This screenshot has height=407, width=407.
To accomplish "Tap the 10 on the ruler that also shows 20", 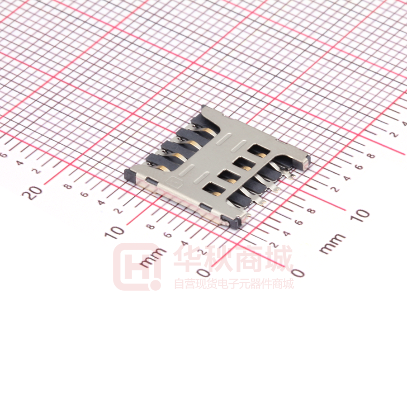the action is coord(114,232).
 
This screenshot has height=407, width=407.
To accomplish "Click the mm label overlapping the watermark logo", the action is coord(153,257).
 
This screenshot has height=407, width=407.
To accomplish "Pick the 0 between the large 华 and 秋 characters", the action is coord(204,273).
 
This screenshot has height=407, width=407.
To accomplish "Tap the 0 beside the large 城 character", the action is coord(298,273).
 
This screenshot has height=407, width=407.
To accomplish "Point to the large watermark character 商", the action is coord(250,258).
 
